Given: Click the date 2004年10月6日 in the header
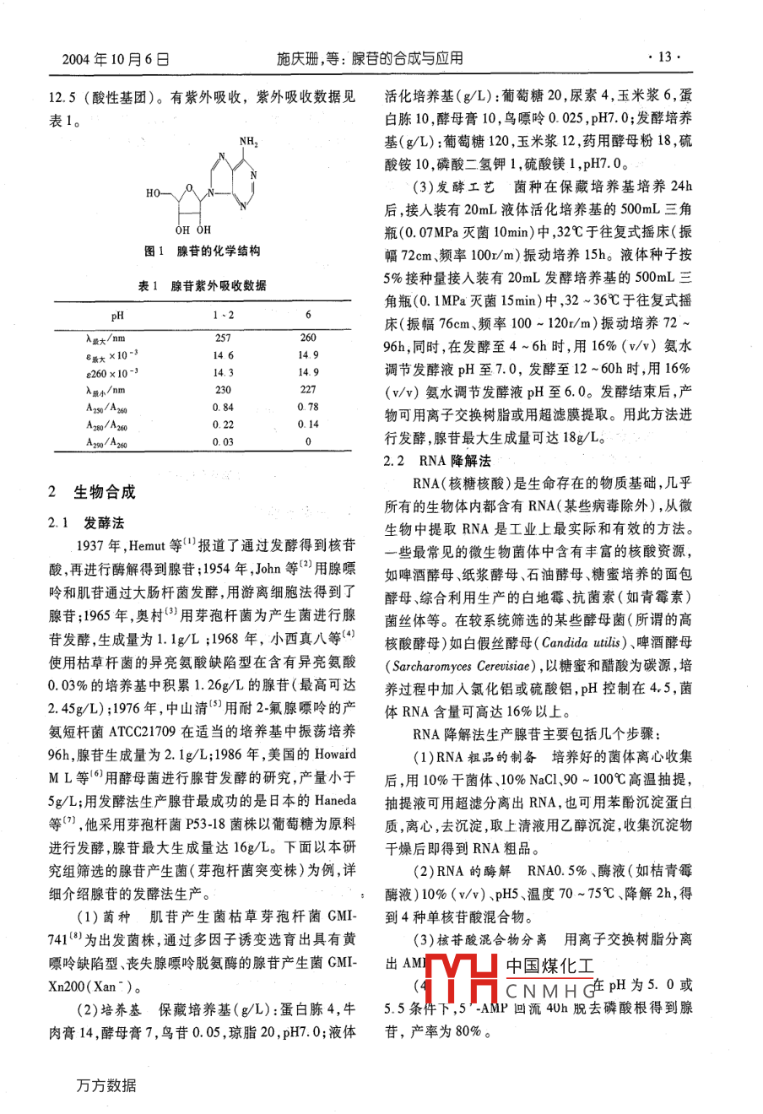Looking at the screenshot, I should [x=116, y=58].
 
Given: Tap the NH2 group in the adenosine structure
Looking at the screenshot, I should [x=249, y=142].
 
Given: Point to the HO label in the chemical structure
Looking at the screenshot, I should [x=154, y=193].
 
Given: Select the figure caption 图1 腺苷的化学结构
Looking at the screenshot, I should [x=203, y=251].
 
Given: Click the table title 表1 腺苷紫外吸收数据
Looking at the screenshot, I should [x=203, y=286].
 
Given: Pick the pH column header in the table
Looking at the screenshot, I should [x=117, y=316].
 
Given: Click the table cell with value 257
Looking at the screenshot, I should [x=224, y=337].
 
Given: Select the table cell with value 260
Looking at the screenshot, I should [x=308, y=337].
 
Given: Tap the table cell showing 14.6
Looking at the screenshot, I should [x=224, y=355].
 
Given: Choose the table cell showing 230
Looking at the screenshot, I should [x=224, y=390].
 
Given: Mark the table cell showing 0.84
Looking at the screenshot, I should [x=224, y=407].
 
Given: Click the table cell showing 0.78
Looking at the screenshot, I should [x=308, y=407].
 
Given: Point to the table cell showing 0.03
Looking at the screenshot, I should [x=224, y=441].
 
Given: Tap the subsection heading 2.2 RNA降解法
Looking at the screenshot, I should [x=437, y=461].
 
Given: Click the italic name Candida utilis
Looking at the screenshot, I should [x=582, y=642].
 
